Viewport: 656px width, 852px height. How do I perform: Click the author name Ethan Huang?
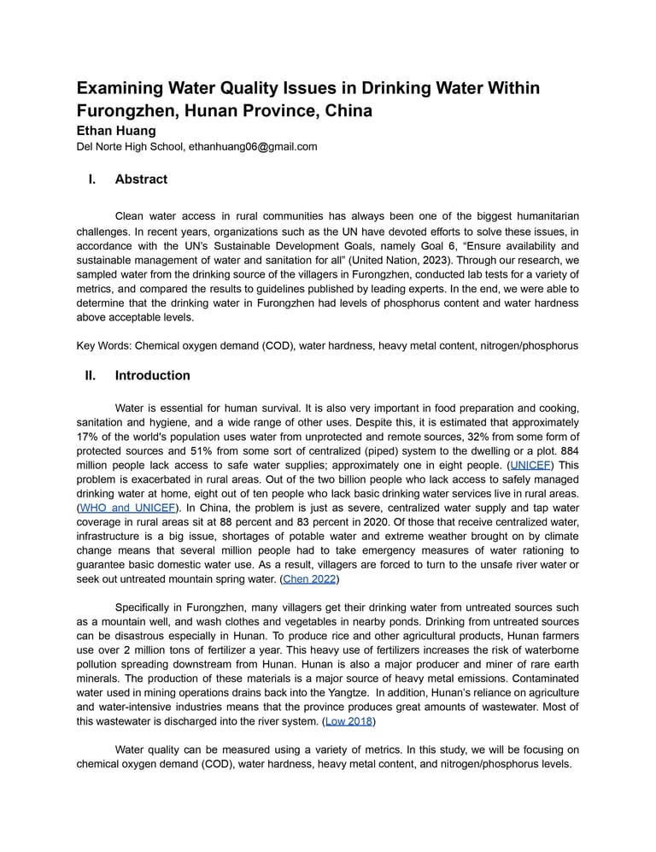tap(116, 131)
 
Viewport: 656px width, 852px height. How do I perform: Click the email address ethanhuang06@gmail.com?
tap(253, 147)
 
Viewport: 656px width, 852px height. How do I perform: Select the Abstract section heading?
tap(141, 179)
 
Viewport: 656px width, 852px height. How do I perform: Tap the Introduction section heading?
tap(152, 375)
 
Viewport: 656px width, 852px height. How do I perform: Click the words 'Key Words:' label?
tap(103, 346)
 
